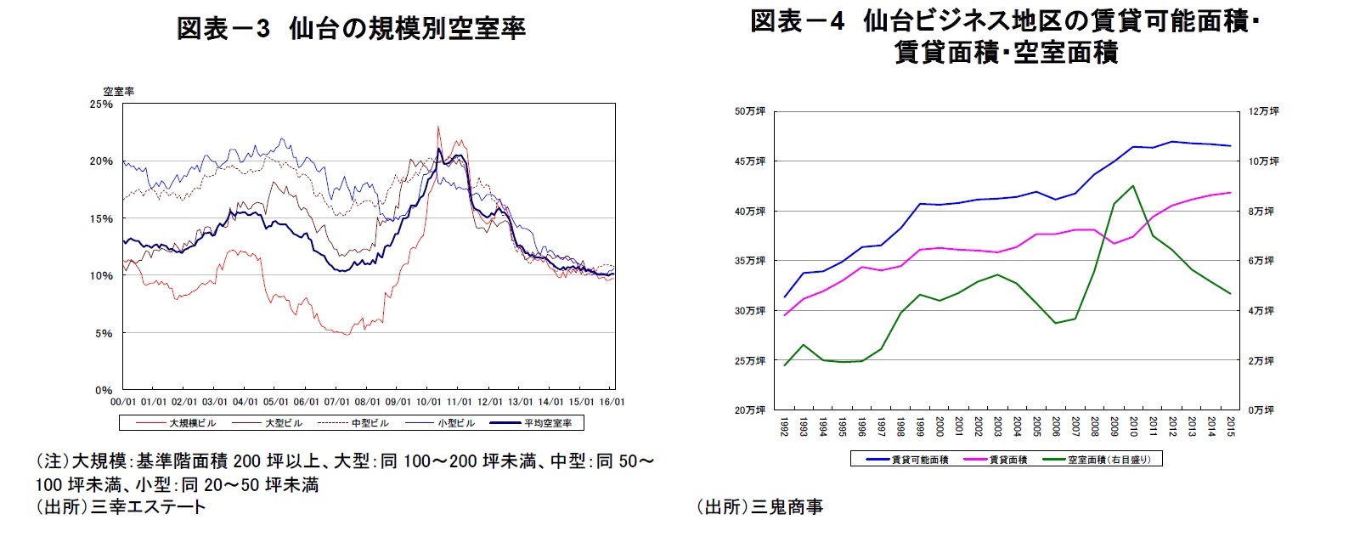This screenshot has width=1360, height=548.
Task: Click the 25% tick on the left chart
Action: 101,104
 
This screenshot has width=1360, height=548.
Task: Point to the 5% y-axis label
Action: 103,333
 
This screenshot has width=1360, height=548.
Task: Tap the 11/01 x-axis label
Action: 459,402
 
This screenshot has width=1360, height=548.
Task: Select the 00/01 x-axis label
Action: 123,402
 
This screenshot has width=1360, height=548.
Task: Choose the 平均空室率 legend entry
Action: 547,422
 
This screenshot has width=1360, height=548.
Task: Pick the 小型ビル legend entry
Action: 456,422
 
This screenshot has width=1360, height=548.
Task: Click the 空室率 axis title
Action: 119,91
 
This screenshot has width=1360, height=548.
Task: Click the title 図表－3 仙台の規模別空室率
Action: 351,29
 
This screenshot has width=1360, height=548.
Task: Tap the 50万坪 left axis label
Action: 750,111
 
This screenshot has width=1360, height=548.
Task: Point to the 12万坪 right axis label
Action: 1263,111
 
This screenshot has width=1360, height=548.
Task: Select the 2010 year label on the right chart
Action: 1133,426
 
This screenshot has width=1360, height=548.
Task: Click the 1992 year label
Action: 784,426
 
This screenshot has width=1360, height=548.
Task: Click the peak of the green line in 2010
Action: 1133,185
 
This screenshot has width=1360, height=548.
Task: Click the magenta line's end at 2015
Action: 1230,193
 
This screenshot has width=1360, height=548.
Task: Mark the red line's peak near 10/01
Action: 438,127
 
